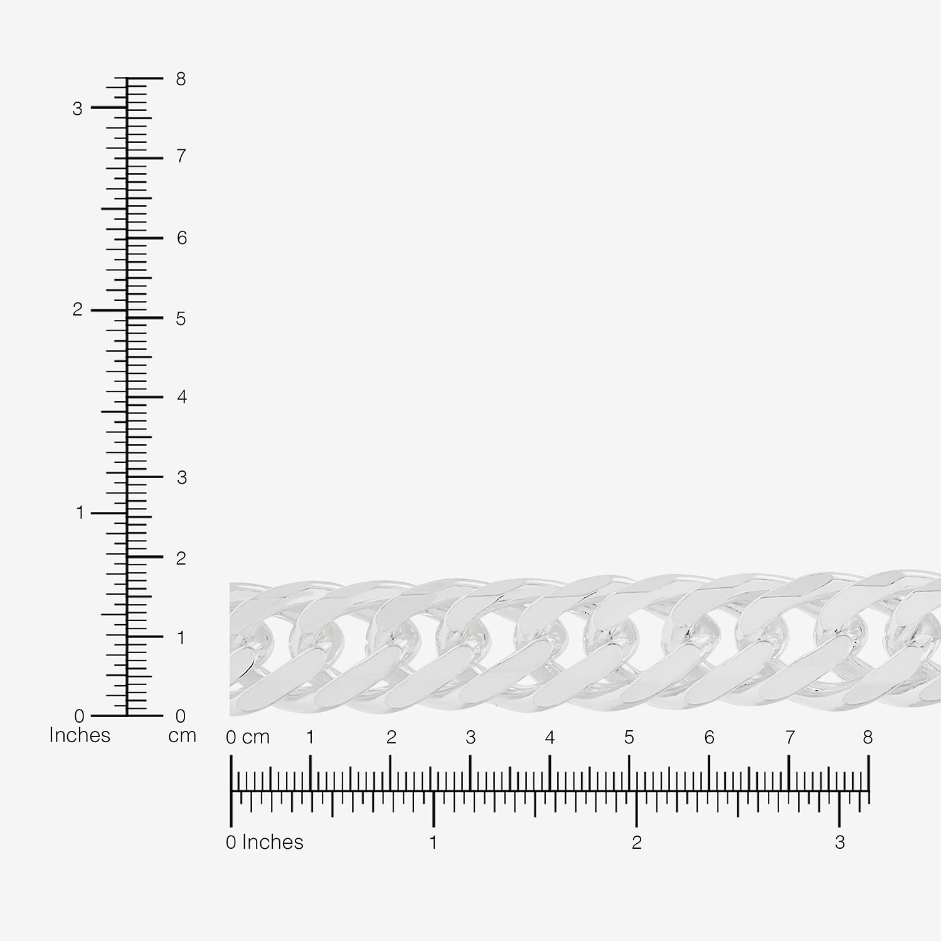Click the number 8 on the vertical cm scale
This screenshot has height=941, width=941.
click(181, 79)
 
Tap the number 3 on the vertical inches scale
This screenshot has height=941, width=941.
click(77, 109)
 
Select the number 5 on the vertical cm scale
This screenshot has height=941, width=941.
click(181, 319)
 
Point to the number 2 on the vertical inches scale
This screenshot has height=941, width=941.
click(77, 309)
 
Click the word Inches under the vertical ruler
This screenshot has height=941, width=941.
click(80, 735)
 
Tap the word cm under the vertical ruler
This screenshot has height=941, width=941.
click(183, 736)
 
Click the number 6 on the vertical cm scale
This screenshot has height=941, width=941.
click(182, 238)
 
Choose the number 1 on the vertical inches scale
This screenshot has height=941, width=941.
click(80, 513)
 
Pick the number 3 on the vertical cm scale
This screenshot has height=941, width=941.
click(182, 478)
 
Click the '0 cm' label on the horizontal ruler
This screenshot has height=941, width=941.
click(248, 738)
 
